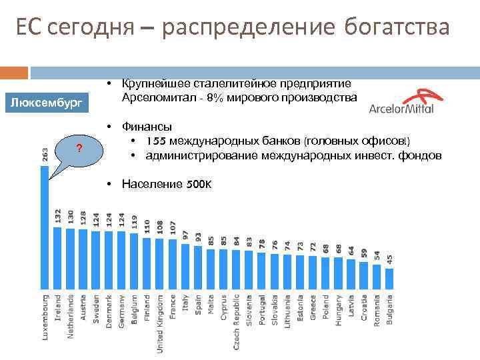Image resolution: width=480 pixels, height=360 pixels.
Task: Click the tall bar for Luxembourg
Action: (x=45, y=227)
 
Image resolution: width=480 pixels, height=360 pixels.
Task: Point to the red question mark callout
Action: (x=79, y=147)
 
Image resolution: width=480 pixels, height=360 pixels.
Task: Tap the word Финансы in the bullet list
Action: (x=146, y=126)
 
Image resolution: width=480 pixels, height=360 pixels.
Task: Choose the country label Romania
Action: (x=377, y=309)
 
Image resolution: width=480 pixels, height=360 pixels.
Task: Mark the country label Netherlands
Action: (x=70, y=316)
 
